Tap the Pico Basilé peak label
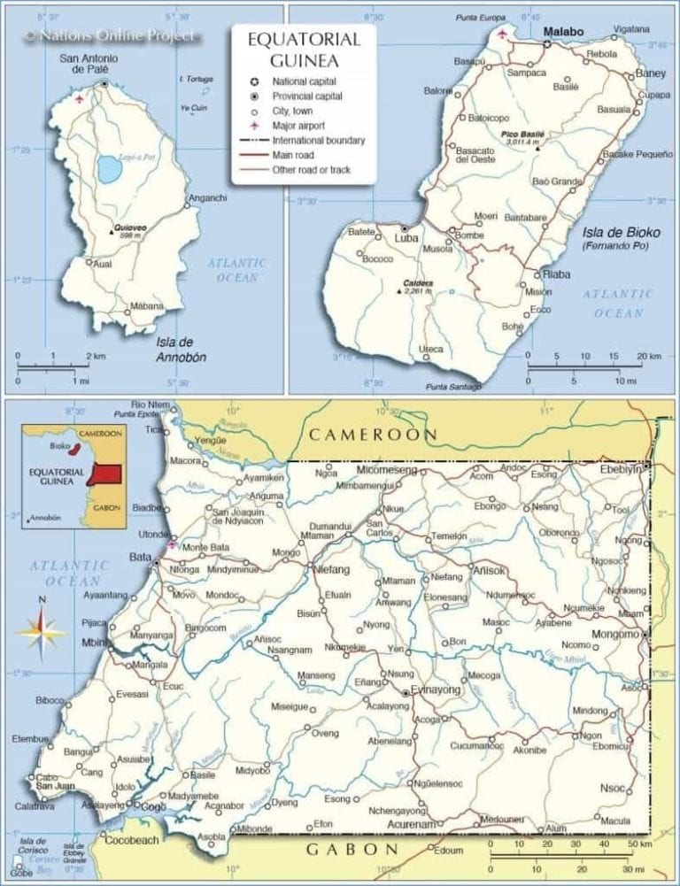coord(522,135)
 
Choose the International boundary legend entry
coord(318,141)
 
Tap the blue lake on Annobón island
coord(110,168)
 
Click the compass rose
coord(42,631)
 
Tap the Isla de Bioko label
coord(621,233)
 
